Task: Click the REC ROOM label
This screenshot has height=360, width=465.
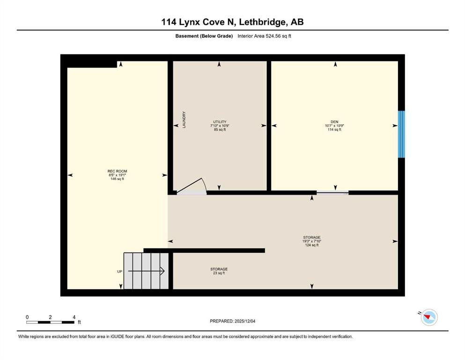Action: (x=117, y=171)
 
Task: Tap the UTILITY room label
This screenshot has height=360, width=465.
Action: (x=218, y=122)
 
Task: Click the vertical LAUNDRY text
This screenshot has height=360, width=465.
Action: (x=185, y=120)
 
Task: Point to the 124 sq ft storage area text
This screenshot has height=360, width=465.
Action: (x=311, y=245)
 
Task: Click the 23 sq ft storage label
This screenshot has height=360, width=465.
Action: (x=219, y=273)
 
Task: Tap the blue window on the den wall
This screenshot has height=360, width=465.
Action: (x=401, y=134)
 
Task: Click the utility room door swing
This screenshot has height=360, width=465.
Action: (x=196, y=186)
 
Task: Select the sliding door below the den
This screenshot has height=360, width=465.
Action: (x=332, y=192)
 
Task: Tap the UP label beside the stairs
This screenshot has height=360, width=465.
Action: (x=120, y=271)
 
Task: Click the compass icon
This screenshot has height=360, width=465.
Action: (x=428, y=318)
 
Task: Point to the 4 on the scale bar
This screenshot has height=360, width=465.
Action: (x=74, y=317)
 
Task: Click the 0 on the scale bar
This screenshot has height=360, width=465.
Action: (x=27, y=317)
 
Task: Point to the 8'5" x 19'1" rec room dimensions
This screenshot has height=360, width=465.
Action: (x=117, y=175)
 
